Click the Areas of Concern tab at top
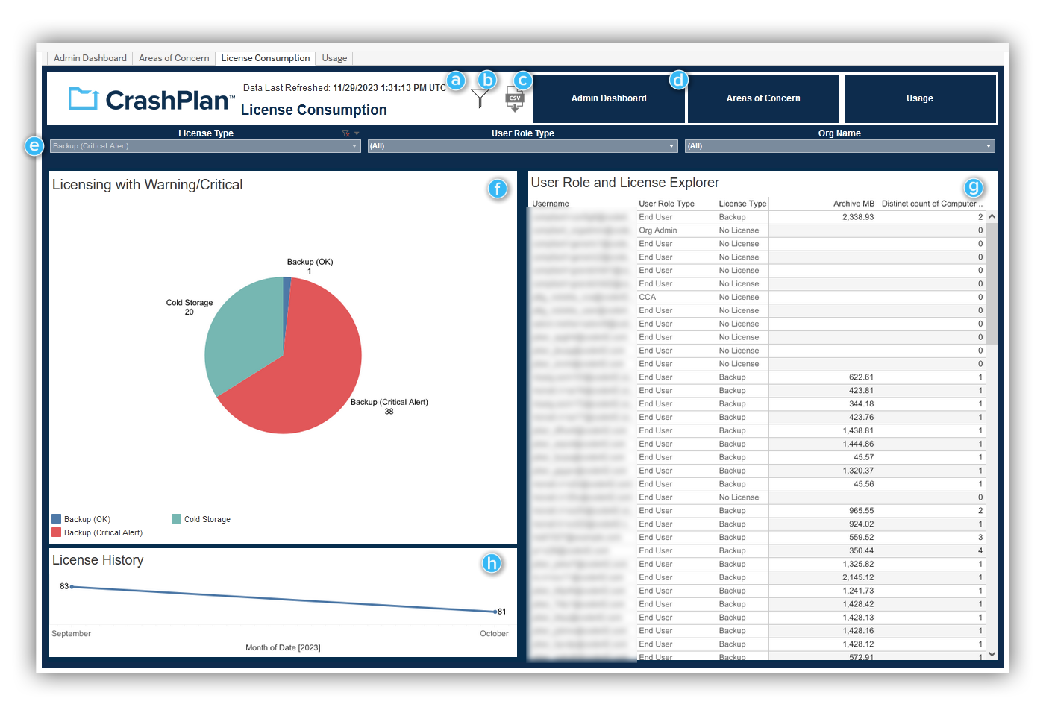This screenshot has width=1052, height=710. pyautogui.click(x=174, y=58)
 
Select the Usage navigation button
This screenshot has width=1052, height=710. pyautogui.click(x=919, y=98)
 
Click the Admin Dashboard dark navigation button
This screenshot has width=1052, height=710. pyautogui.click(x=609, y=98)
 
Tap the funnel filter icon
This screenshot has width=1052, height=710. pyautogui.click(x=480, y=98)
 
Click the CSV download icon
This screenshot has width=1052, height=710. pyautogui.click(x=514, y=98)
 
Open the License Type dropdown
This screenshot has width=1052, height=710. pyautogui.click(x=205, y=146)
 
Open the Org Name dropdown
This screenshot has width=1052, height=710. pyautogui.click(x=839, y=146)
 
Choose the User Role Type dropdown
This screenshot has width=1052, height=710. pyautogui.click(x=522, y=146)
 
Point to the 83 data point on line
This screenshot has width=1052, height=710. pyautogui.click(x=72, y=587)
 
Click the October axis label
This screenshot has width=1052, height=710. pyautogui.click(x=493, y=634)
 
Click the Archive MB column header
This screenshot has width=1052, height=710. pyautogui.click(x=853, y=204)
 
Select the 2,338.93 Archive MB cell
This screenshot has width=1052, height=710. pyautogui.click(x=857, y=217)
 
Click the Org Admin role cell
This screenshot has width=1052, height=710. pyautogui.click(x=657, y=230)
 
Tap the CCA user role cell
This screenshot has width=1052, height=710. pyautogui.click(x=647, y=297)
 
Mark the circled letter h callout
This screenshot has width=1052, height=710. pyautogui.click(x=491, y=563)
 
